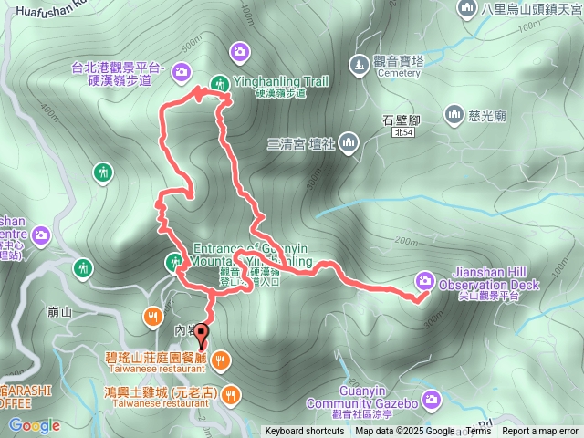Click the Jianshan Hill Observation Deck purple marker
(x=425, y=279)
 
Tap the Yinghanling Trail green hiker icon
(x=219, y=83)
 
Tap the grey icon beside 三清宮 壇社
(x=349, y=142)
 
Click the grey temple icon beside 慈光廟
(x=454, y=113)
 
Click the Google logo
(x=35, y=425)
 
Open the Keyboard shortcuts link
(x=305, y=432)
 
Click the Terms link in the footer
(x=478, y=432)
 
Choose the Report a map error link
(x=540, y=432)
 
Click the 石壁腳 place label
(x=401, y=119)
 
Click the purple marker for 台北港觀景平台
(x=181, y=71)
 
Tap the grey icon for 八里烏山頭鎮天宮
(x=468, y=8)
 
